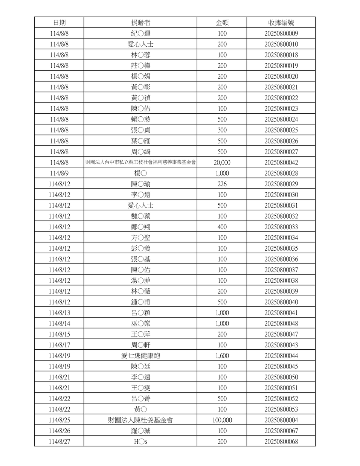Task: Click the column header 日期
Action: click(59, 23)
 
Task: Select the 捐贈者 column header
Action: click(140, 23)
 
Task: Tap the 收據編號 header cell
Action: click(281, 23)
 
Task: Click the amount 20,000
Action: click(222, 163)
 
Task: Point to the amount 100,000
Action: click(222, 420)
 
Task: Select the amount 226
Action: click(222, 184)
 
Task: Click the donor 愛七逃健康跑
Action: click(140, 356)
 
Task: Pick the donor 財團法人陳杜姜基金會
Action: click(140, 420)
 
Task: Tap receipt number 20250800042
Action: click(281, 163)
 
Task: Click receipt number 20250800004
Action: click(281, 420)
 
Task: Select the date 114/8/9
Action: click(59, 174)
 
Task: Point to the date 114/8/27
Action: click(59, 442)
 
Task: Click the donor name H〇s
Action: click(140, 442)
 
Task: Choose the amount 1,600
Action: click(222, 356)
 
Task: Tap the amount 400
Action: click(222, 227)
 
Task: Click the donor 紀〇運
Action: click(140, 34)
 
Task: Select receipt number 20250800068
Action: click(281, 442)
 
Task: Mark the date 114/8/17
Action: click(59, 345)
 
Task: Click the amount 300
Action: click(222, 130)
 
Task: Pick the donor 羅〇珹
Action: click(140, 431)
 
